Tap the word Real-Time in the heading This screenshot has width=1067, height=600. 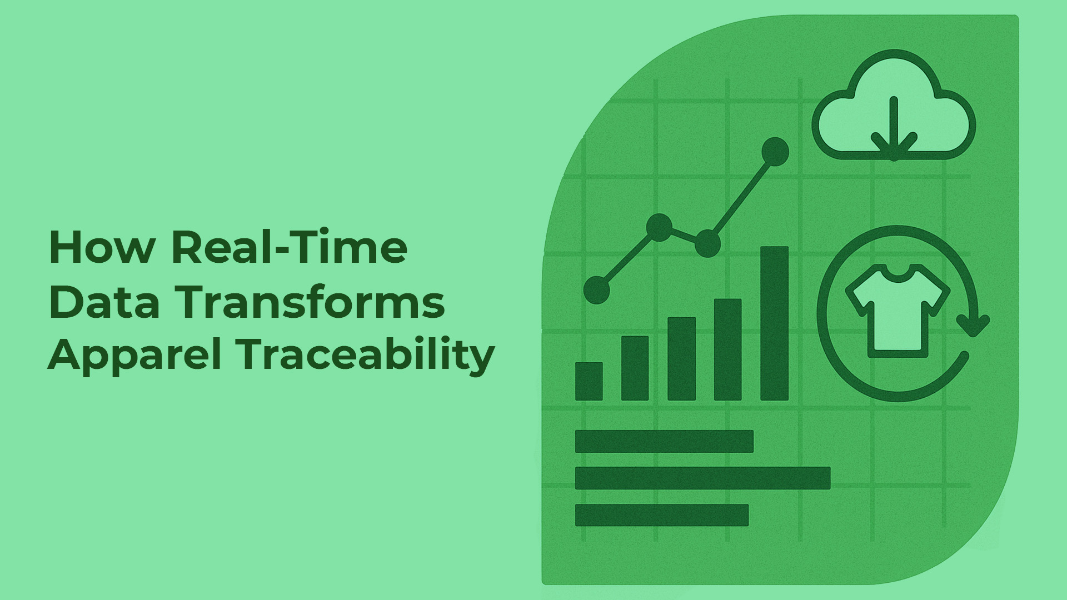click(x=290, y=248)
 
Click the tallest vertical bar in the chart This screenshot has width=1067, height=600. click(x=774, y=323)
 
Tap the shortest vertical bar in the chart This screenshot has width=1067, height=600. click(x=589, y=381)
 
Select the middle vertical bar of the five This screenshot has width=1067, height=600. click(x=681, y=359)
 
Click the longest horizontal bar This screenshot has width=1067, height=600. click(x=702, y=478)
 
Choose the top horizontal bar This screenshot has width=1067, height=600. click(x=664, y=441)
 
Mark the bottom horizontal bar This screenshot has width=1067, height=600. click(x=662, y=515)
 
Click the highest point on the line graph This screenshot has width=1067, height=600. click(x=775, y=151)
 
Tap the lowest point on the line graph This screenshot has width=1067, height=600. click(x=597, y=290)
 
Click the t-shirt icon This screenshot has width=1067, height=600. click(x=897, y=311)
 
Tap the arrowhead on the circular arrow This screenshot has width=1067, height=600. click(x=973, y=326)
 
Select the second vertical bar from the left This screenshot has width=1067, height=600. click(x=635, y=368)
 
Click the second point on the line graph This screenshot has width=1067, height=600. click(x=660, y=227)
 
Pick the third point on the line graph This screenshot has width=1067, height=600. click(x=707, y=243)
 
